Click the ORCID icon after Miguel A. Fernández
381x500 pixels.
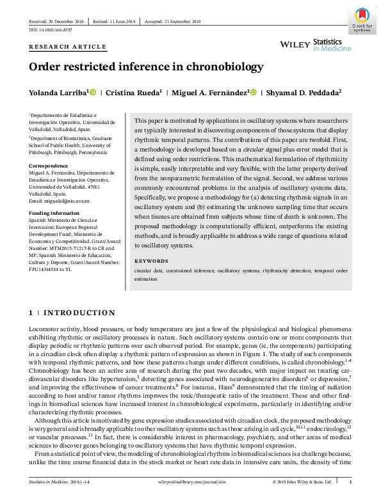(x=254, y=93)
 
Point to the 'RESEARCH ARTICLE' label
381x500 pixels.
(x=68, y=47)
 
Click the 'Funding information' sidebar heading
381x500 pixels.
(x=54, y=213)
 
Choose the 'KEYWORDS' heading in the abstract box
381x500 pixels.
(x=152, y=261)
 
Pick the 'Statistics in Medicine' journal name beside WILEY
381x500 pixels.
(x=332, y=44)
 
